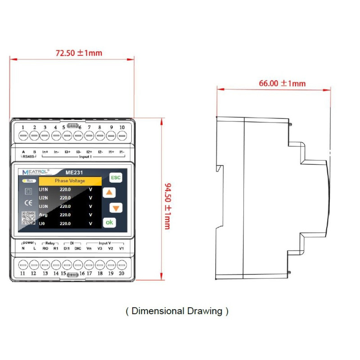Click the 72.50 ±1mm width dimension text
coord(79,53)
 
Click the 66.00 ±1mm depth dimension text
coord(282,83)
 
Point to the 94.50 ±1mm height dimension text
coord(167,200)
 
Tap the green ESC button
coord(116,177)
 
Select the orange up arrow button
coord(109,193)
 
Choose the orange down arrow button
coord(116,208)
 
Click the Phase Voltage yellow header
coord(70,181)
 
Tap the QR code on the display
coord(28,218)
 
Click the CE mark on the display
coord(28,203)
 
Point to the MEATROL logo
coord(36,172)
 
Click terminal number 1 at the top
coord(23,127)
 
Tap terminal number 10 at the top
coord(121,127)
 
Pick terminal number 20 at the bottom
coord(121,273)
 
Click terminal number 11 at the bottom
coord(23,273)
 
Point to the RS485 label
coord(29,157)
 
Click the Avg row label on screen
coord(44,215)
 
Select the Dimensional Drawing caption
coord(177,311)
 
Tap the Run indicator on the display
coord(28,180)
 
